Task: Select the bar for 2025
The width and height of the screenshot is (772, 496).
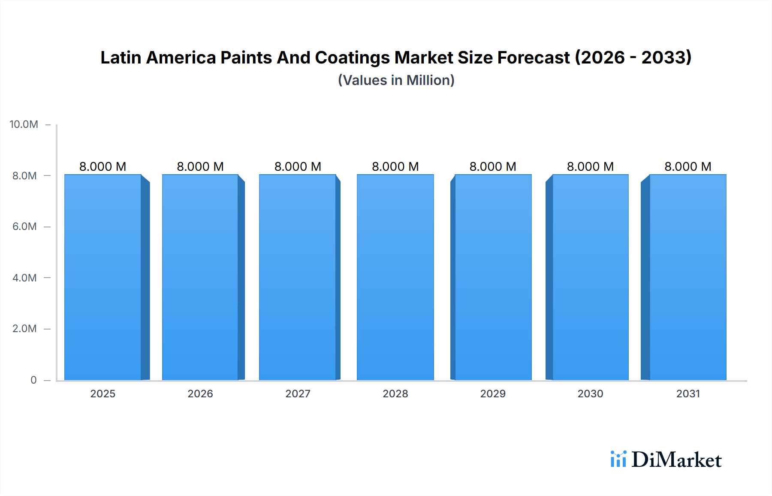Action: point(103,277)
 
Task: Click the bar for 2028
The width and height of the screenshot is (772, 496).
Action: point(395,277)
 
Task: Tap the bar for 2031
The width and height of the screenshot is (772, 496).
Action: point(688,277)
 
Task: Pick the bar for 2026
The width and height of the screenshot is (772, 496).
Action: point(200,277)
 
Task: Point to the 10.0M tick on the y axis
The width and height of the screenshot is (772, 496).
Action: point(24,124)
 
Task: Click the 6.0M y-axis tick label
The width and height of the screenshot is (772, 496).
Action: point(24,227)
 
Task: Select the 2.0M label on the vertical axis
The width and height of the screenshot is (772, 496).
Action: point(24,329)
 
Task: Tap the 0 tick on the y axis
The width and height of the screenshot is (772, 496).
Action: point(33,380)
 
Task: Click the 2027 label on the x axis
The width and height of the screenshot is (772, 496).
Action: point(298,394)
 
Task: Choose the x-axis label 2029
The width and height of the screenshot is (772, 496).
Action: point(493,394)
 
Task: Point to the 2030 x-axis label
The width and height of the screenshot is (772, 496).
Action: point(590,394)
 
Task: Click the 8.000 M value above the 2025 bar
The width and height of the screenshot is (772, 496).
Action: point(103,166)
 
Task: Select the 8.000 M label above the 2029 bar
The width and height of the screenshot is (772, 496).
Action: point(493,166)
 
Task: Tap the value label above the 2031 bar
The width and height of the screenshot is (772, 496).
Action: point(688,166)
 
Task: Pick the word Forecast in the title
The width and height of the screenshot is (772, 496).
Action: point(534,57)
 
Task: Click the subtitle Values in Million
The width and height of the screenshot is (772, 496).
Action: point(396,80)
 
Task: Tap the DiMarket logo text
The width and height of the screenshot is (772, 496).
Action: point(676,460)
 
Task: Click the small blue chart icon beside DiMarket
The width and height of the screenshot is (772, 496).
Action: point(618,459)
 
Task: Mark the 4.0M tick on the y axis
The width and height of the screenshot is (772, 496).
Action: point(24,278)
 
